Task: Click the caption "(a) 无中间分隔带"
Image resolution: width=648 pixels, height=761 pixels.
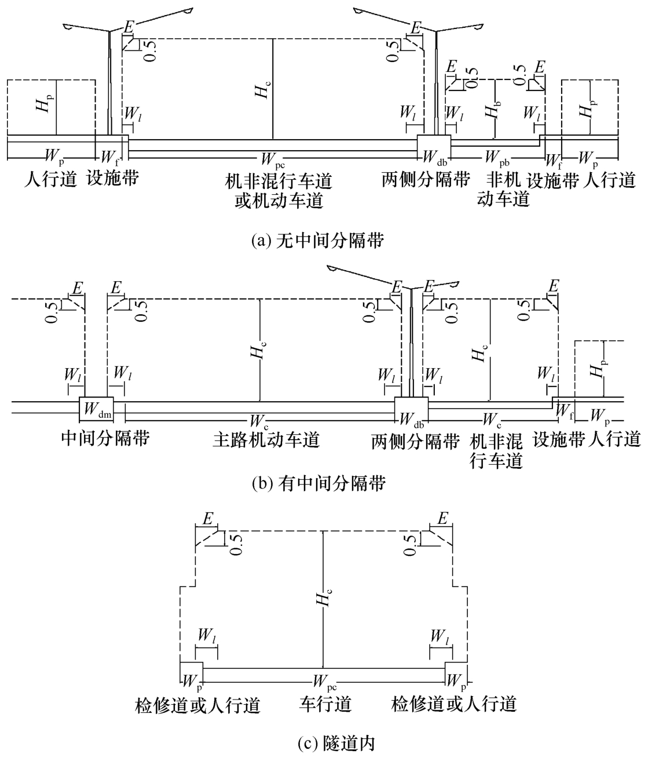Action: pos(318,241)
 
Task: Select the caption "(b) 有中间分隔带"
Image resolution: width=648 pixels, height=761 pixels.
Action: pos(319,483)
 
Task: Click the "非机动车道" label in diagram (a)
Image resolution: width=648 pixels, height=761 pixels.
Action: pos(503,190)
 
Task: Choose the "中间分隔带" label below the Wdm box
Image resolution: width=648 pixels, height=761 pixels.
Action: pos(105,439)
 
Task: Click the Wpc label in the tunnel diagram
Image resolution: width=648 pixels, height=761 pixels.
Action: pos(325,682)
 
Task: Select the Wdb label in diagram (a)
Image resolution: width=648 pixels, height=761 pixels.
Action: pos(435,158)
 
